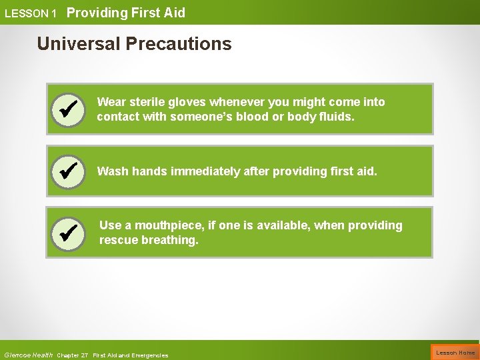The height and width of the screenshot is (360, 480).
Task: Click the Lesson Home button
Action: [455, 353]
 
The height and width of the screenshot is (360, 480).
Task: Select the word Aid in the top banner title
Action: [174, 13]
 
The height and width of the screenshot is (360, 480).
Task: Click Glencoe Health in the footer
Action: [28, 355]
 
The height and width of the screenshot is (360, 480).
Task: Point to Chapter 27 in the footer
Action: [73, 355]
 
